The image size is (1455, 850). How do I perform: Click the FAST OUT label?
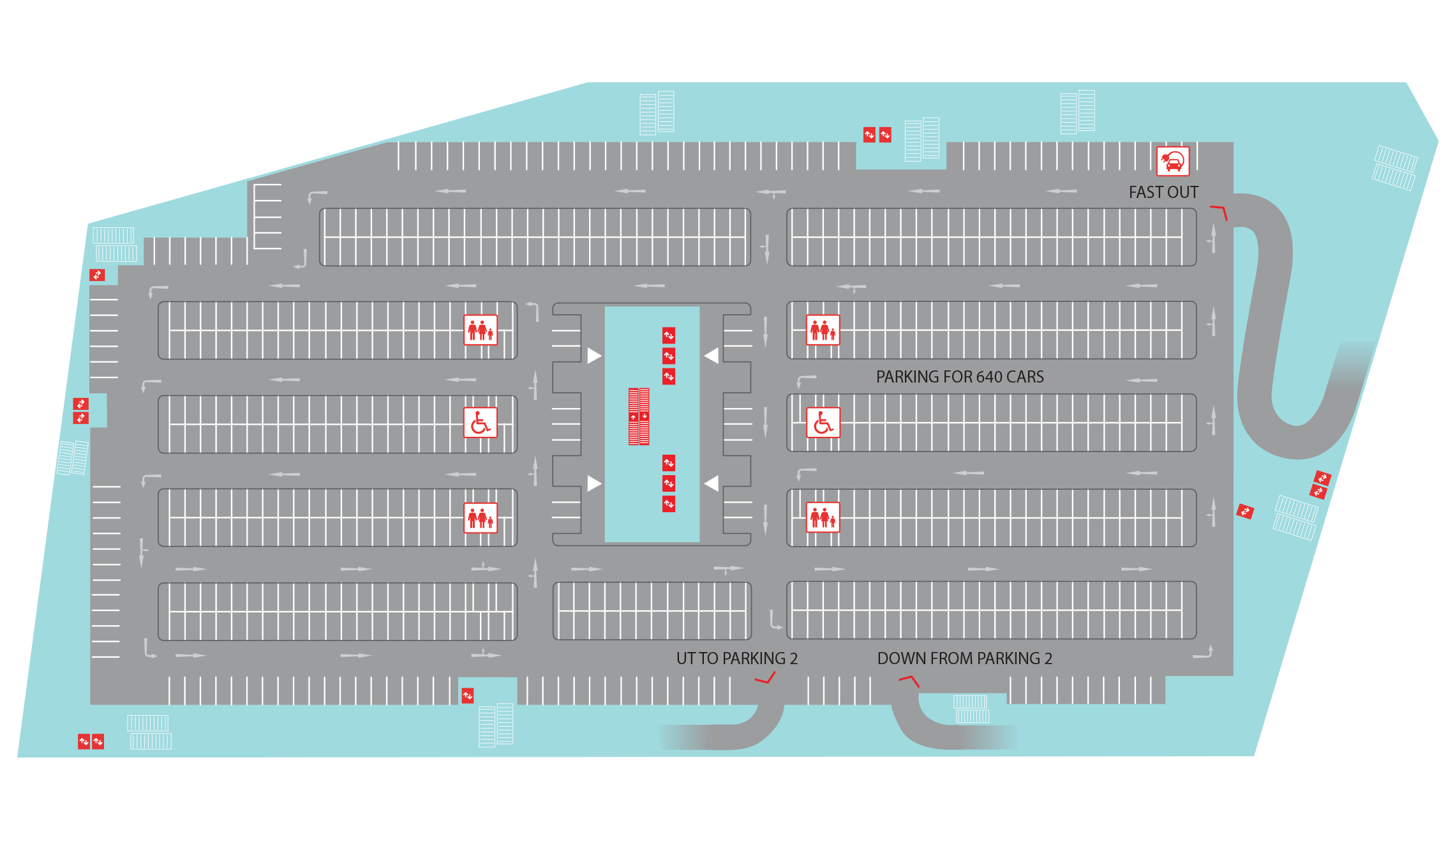[x=1163, y=192]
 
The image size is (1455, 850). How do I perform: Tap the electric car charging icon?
[x=1173, y=161]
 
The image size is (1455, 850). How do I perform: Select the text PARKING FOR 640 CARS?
[x=960, y=377]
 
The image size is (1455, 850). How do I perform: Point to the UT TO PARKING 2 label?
[x=737, y=658]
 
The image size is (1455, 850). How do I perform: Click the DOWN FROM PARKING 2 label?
[x=965, y=658]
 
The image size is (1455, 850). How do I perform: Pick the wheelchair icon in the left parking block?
[x=481, y=423]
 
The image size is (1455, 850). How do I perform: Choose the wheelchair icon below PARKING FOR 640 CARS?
[x=823, y=423]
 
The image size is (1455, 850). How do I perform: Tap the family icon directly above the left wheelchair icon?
[x=481, y=330]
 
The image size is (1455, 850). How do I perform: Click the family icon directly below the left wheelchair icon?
[x=481, y=518]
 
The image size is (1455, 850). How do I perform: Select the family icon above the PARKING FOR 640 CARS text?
[x=823, y=330]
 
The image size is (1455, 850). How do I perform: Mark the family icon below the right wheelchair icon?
[x=823, y=517]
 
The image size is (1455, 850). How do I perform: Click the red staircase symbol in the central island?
[x=639, y=416]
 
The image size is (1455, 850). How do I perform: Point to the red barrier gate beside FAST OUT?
[x=1220, y=211]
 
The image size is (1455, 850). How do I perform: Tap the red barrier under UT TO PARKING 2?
[x=766, y=678]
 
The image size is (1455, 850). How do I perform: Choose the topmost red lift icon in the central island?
[x=669, y=335]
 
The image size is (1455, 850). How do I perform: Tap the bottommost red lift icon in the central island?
[x=669, y=504]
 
